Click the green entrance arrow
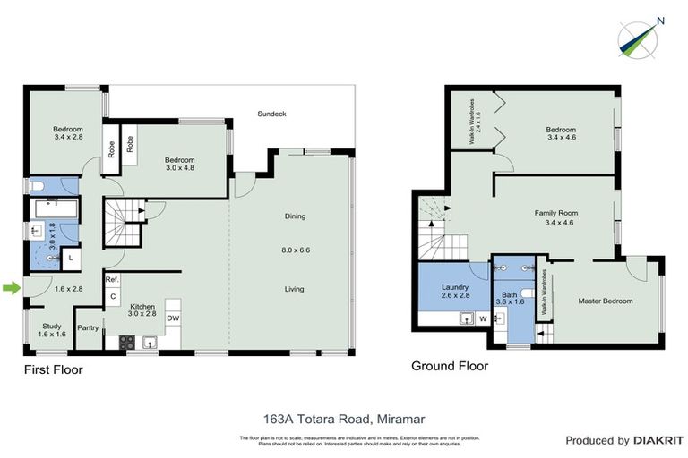10,287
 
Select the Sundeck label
271,114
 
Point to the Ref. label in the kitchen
112,280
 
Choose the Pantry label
88,327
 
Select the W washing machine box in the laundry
483,317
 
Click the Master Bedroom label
605,301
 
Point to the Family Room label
555,217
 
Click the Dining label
296,216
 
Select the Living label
296,288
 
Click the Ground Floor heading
449,365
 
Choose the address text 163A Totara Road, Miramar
343,417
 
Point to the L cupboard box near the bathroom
71,258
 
